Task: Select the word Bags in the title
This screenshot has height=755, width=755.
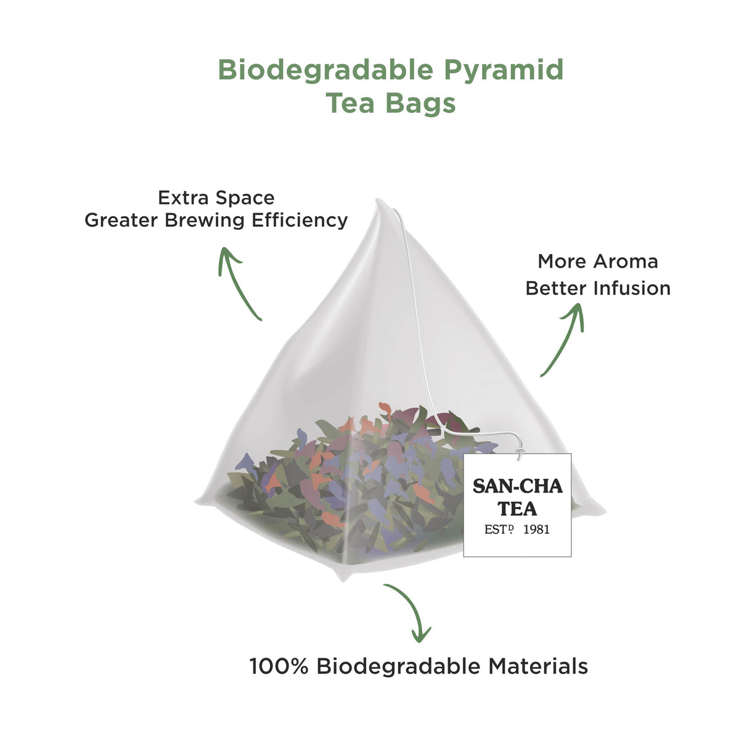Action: (x=421, y=104)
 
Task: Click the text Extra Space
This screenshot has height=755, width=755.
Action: (x=216, y=198)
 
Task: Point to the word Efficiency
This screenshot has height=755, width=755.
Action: (x=300, y=220)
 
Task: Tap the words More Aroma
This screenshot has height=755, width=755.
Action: (x=598, y=261)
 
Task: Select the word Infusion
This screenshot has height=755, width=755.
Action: (x=632, y=288)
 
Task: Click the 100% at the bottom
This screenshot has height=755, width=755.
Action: (x=279, y=666)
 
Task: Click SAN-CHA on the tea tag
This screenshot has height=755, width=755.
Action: (x=518, y=487)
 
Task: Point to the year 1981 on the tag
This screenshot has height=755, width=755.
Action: (x=536, y=529)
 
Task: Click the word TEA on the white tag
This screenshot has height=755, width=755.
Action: (x=517, y=509)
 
